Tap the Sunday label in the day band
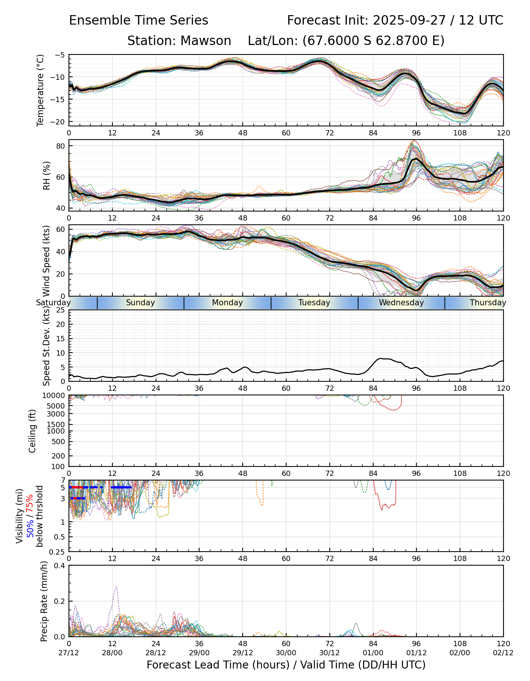[x=140, y=303]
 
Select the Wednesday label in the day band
[x=401, y=303]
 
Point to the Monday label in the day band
[x=227, y=303]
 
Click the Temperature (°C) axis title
[x=41, y=90]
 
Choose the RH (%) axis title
[x=47, y=175]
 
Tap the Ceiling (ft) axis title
[x=33, y=431]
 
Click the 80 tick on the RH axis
[x=61, y=146]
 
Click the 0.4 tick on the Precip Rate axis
[x=60, y=566]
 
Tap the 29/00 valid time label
[x=199, y=653]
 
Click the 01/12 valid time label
[x=416, y=653]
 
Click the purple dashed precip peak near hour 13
[x=116, y=587]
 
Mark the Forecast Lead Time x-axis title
[x=286, y=665]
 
